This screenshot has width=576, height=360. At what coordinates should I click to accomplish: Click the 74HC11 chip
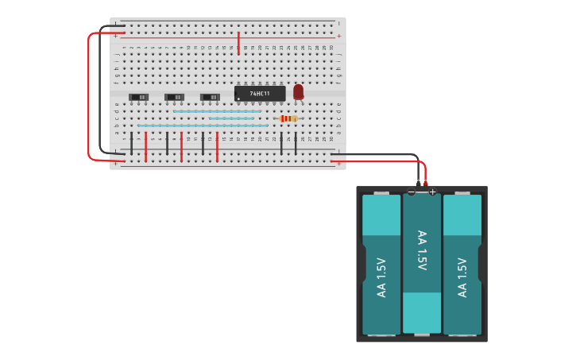coord(260,94)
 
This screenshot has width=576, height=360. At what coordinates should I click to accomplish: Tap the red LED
coord(298,92)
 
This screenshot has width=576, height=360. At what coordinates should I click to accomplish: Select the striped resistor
coord(288,118)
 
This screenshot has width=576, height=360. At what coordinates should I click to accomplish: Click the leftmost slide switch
coord(138,97)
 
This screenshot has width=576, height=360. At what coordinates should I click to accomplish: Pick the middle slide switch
coord(174,97)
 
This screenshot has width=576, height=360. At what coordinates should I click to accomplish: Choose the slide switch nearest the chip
coord(210,97)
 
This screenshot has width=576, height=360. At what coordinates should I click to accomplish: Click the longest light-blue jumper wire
coord(203,126)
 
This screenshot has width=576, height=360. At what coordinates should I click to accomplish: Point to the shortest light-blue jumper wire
coord(231,118)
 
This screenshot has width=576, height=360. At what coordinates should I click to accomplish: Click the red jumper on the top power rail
coord(238,43)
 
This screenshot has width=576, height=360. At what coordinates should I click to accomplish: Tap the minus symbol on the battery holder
coord(411,192)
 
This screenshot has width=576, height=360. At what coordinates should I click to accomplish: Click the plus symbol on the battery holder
coord(432,192)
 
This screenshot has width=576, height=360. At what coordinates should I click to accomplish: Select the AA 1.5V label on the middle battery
coord(422,250)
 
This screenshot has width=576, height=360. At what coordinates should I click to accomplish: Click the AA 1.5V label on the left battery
coord(381,277)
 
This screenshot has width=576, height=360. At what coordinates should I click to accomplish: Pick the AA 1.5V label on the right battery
coord(462,277)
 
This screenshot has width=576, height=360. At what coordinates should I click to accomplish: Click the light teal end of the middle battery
coord(422,312)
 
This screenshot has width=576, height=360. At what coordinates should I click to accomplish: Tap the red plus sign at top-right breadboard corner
coord(339,36)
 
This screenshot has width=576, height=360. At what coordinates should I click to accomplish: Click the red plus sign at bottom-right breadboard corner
coord(339,164)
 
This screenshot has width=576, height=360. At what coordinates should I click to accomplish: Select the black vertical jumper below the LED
coord(296,144)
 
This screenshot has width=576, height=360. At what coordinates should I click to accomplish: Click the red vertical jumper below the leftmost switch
coord(145,147)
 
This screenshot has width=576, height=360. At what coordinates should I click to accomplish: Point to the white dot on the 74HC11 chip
coord(239,99)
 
